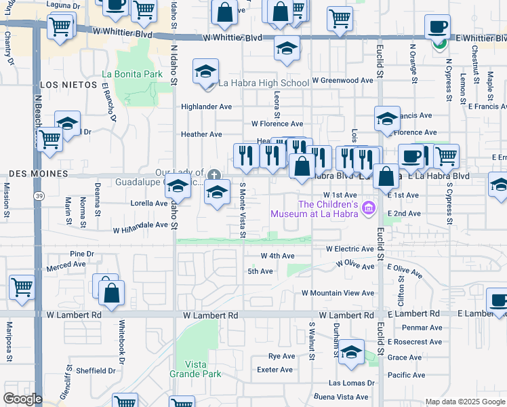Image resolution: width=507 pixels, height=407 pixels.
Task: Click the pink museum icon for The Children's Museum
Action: point(368,208)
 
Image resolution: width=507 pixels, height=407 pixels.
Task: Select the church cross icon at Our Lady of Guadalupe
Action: point(214,174)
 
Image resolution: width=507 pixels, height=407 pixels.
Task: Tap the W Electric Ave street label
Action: point(350,249)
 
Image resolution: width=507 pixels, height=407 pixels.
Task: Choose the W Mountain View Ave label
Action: point(338,293)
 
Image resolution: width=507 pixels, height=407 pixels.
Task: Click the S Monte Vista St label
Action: point(242,210)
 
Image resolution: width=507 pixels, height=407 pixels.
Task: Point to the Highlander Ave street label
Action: point(206,106)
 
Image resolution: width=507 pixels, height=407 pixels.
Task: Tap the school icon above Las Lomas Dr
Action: point(351,353)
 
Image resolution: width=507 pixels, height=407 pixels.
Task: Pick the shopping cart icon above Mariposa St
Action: point(22,288)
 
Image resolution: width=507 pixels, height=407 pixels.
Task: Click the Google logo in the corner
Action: point(22,399)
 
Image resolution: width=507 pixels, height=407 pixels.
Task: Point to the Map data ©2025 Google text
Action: point(465,402)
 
